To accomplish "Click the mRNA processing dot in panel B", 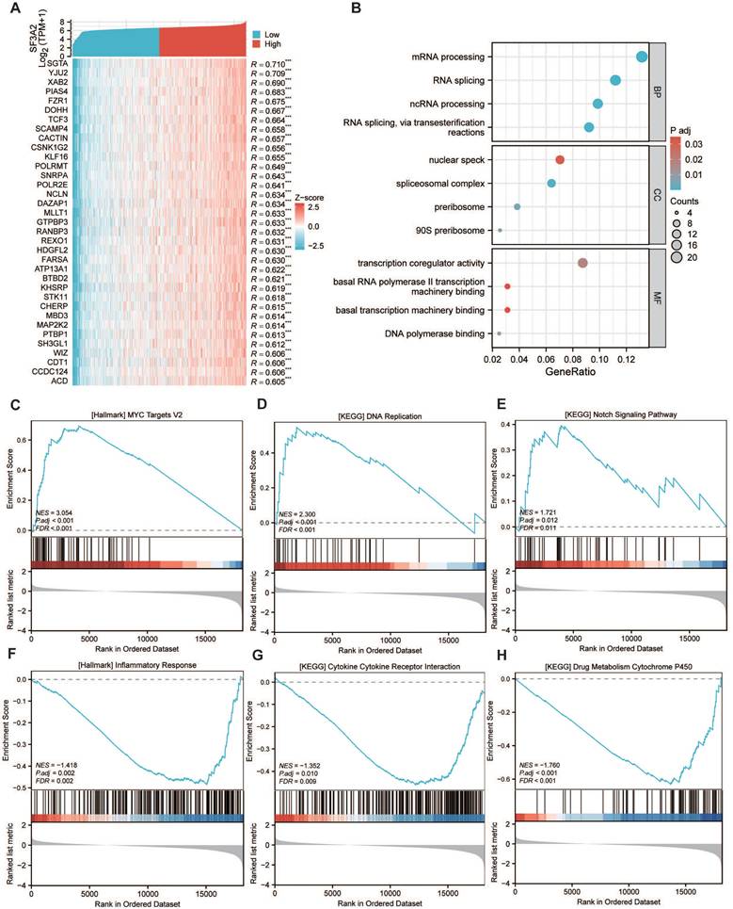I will (643, 57).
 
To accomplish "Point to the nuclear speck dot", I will (560, 160).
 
